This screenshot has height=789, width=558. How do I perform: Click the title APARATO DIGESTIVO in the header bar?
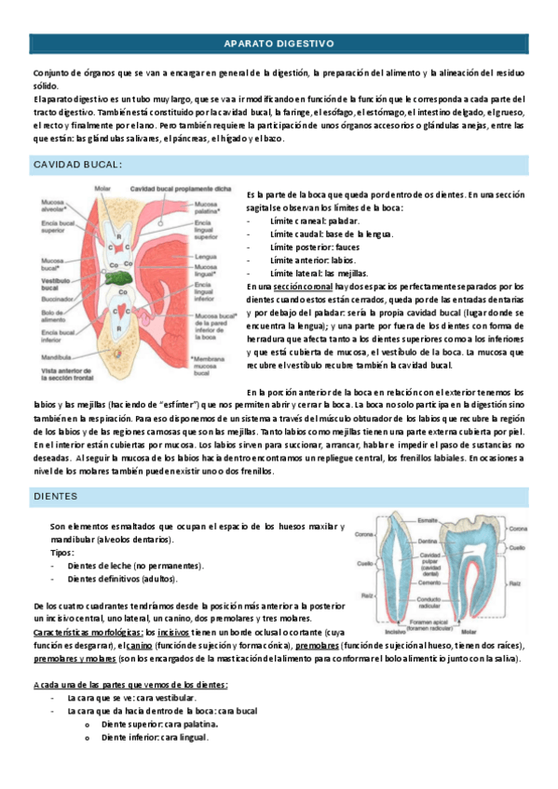[x=279, y=44]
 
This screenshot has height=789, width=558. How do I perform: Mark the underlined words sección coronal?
[x=301, y=288]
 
